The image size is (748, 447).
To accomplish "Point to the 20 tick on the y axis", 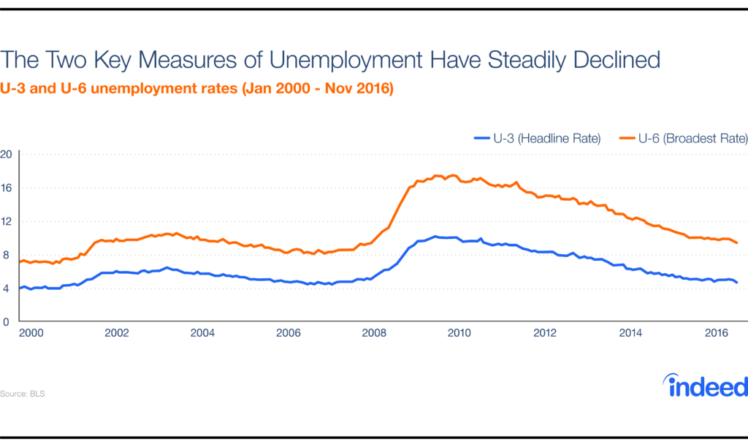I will click(x=7, y=154).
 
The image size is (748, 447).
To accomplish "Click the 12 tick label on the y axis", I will click(x=7, y=221).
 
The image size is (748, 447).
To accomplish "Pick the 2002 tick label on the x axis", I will click(x=117, y=333).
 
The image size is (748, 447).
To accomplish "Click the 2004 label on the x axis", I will click(x=202, y=333).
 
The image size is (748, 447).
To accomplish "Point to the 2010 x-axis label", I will click(x=459, y=333).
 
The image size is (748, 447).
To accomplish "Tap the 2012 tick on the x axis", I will click(x=544, y=333).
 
